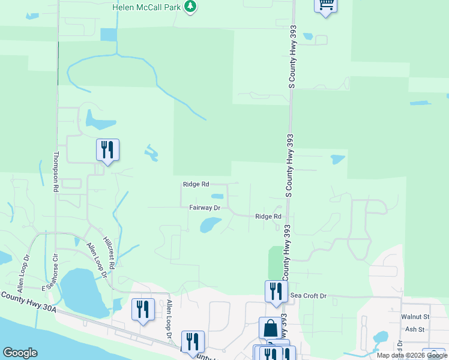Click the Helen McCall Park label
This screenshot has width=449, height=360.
tap(146, 7)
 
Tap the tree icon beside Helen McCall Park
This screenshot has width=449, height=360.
tap(191, 6)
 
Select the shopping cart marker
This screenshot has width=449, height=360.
tap(325, 5)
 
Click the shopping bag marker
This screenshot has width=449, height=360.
tap(271, 329)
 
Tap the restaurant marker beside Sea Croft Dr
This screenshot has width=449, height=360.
tap(276, 292)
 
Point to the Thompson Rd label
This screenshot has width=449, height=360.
tap(56, 172)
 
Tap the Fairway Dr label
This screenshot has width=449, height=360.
tap(205, 208)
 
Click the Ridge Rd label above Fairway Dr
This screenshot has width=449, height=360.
tap(196, 184)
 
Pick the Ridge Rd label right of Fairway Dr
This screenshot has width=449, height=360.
tap(268, 216)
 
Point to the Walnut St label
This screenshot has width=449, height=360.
tap(416, 316)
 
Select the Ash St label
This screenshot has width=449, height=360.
tap(415, 329)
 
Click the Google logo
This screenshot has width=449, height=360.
tap(20, 353)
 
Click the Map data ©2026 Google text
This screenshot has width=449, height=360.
tap(411, 355)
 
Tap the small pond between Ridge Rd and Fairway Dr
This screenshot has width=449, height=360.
tap(217, 196)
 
